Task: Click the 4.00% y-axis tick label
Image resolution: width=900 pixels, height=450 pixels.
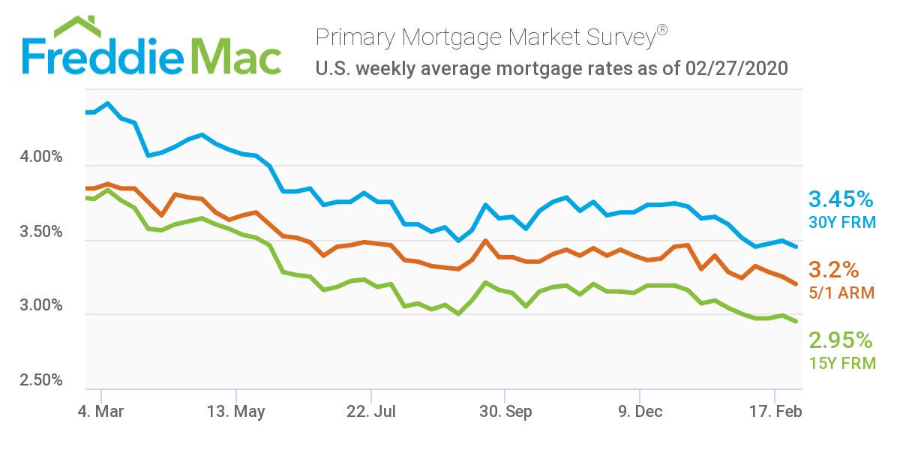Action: coord(39,158)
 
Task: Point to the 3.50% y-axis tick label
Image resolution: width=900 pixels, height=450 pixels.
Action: coord(39,232)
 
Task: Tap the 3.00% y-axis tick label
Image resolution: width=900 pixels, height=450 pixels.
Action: coord(39,306)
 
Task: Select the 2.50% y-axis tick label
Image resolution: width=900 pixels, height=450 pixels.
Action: coord(39,379)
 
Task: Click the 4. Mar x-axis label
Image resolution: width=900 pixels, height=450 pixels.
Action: coord(100,412)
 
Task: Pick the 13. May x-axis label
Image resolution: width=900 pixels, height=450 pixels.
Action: coord(235,412)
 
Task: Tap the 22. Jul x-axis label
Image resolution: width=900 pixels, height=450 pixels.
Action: coord(370,412)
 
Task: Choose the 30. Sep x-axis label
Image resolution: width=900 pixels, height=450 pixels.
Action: coord(505,412)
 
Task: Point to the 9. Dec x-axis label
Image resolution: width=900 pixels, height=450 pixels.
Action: coord(640,412)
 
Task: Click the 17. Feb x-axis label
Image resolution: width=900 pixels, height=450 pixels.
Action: coord(775,412)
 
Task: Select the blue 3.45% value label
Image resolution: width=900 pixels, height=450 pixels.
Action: coord(841,199)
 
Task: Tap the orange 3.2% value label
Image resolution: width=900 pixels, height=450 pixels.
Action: coord(833,270)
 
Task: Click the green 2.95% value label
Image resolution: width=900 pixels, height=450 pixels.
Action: coord(841,341)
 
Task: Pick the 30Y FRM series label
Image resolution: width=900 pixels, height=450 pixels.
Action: coord(841,222)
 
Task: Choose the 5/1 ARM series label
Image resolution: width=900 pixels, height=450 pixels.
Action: coord(841,293)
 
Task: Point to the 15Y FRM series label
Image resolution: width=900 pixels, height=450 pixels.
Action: coord(841,364)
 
